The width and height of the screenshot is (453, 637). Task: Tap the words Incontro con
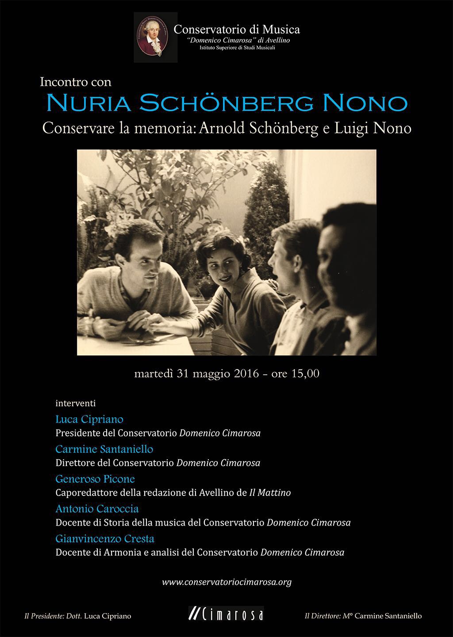(76, 82)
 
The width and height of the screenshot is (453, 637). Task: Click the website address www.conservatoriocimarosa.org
(226, 582)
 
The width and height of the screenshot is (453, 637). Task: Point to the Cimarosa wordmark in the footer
(226, 615)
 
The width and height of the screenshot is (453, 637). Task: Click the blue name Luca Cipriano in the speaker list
(89, 419)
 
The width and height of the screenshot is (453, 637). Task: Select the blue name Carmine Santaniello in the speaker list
(104, 449)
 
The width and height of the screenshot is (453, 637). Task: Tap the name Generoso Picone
(95, 479)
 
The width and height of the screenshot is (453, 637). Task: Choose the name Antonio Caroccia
(97, 508)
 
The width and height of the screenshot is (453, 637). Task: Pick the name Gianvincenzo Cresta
(105, 538)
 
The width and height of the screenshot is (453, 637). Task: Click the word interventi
(76, 403)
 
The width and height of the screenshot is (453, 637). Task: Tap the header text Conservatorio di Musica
(237, 30)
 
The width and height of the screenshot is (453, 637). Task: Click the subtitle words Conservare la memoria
(119, 128)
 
